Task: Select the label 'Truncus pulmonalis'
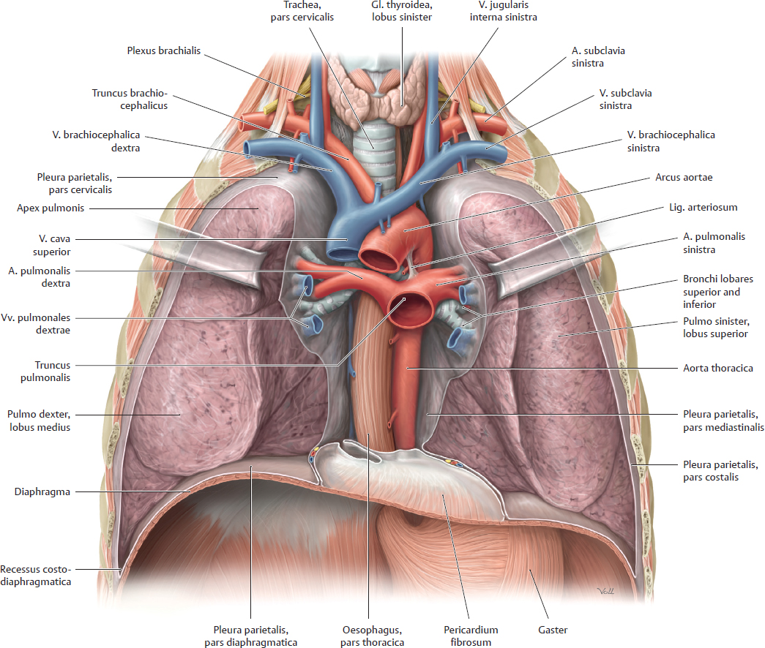click(52, 371)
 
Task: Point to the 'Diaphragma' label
click(42, 492)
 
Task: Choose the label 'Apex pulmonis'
click(48, 208)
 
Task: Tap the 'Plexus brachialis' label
click(163, 51)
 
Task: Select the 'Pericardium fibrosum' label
click(470, 636)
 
